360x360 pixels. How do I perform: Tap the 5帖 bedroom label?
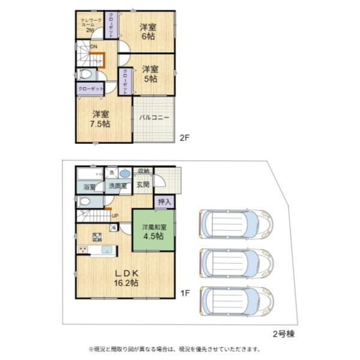150,74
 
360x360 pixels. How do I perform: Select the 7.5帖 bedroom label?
101,119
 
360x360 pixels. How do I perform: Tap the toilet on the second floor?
85,75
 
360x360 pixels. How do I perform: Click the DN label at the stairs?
94,46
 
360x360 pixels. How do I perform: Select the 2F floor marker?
185,137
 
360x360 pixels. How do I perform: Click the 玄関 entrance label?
142,185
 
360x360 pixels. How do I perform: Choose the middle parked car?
235,262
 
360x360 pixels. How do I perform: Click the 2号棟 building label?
281,332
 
